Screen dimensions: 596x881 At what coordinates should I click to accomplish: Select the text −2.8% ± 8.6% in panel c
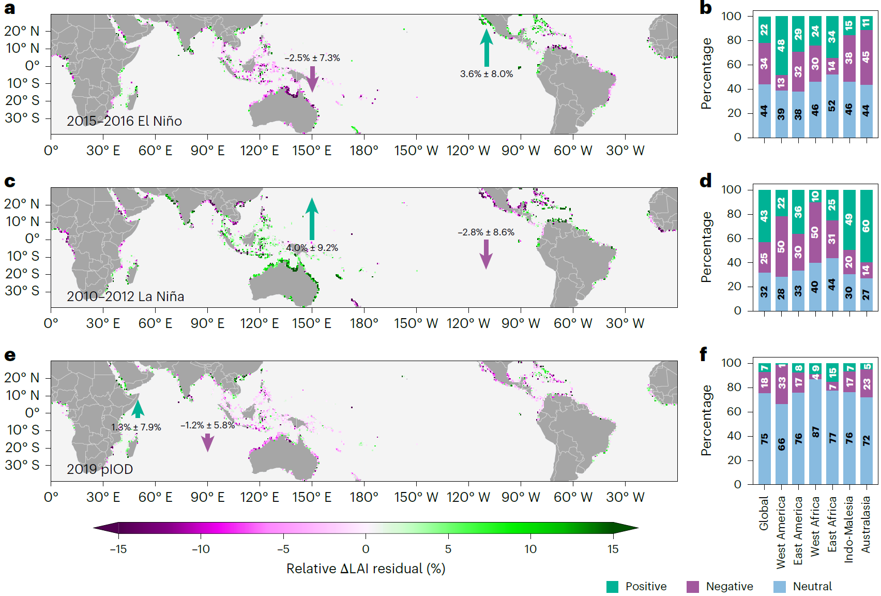486,232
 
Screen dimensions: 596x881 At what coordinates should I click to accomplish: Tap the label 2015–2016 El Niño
124,121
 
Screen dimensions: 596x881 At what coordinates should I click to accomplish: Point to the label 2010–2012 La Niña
125,296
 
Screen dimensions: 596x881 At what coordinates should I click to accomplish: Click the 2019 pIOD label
100,469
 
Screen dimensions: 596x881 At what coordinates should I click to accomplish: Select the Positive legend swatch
612,587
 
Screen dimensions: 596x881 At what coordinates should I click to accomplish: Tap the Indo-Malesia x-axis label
849,529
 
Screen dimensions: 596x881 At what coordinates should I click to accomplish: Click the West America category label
781,532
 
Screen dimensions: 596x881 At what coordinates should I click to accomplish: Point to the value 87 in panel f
815,432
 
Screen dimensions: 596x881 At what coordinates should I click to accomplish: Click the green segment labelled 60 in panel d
866,226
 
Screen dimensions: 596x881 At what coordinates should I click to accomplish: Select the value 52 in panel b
832,106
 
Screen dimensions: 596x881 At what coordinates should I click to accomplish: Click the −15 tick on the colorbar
118,549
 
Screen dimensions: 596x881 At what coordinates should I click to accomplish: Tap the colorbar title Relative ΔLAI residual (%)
366,569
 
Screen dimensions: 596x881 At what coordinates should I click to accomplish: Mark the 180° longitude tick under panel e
364,497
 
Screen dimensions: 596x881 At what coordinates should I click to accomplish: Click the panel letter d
705,181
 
